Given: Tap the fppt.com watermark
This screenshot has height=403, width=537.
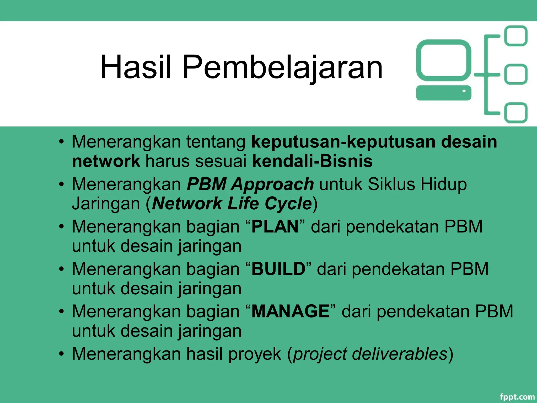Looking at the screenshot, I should [x=517, y=396].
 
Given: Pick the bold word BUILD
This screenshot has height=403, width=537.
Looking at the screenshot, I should [x=278, y=269].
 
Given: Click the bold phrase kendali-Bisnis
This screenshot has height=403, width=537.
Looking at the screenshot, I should [x=312, y=161].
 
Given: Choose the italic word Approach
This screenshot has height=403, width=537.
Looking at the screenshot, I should [x=272, y=184].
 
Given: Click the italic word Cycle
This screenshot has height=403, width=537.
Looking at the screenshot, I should [x=288, y=204].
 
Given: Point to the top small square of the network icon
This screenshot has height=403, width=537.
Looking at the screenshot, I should [x=516, y=36].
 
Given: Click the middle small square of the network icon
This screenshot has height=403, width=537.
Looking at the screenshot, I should [x=516, y=74].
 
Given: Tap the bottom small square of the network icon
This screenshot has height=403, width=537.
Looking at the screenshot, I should [x=516, y=113].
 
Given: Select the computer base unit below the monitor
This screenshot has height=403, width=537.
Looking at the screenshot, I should [x=443, y=93].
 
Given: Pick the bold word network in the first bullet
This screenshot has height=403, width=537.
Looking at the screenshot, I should [x=106, y=161].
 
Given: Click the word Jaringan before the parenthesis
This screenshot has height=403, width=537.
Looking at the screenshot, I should [x=106, y=204].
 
